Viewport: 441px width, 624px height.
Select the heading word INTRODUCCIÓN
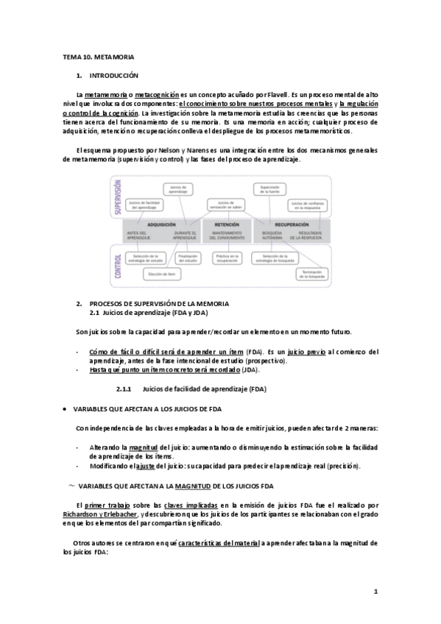[x=113, y=76]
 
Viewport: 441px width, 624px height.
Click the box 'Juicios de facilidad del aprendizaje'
[x=145, y=203]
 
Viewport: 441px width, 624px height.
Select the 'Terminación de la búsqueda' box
[x=310, y=274]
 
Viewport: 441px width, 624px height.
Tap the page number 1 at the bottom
[x=375, y=591]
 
